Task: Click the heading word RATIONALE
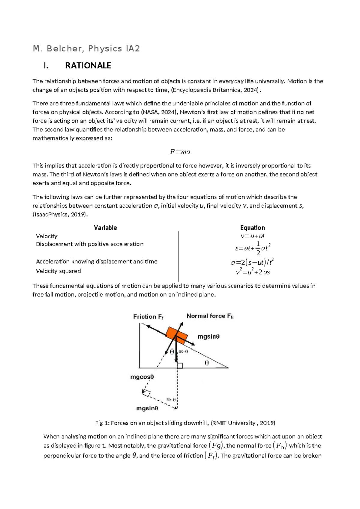88,65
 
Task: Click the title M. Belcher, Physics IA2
86,49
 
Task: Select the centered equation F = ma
180,152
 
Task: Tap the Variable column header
105,227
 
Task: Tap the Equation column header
252,227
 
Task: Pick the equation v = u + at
253,236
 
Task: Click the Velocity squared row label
58,271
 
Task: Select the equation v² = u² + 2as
253,272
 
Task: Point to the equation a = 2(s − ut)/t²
252,262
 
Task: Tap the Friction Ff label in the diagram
148,317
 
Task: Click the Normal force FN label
210,316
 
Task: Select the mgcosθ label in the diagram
142,377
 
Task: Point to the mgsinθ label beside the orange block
208,337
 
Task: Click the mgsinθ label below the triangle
147,408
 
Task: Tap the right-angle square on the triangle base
180,365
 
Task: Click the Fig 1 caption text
185,423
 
